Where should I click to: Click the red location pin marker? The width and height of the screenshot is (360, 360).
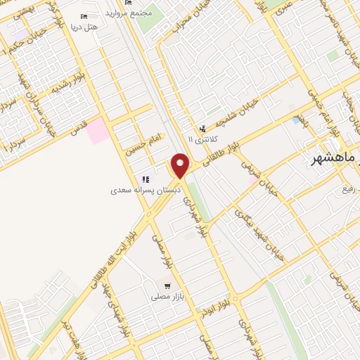181,165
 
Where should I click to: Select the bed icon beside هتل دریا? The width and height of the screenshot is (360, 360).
85,15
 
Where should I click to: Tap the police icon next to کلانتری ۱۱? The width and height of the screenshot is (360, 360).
203,128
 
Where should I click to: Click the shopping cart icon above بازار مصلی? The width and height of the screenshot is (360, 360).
167,285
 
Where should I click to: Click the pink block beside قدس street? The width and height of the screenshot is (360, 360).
98,130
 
